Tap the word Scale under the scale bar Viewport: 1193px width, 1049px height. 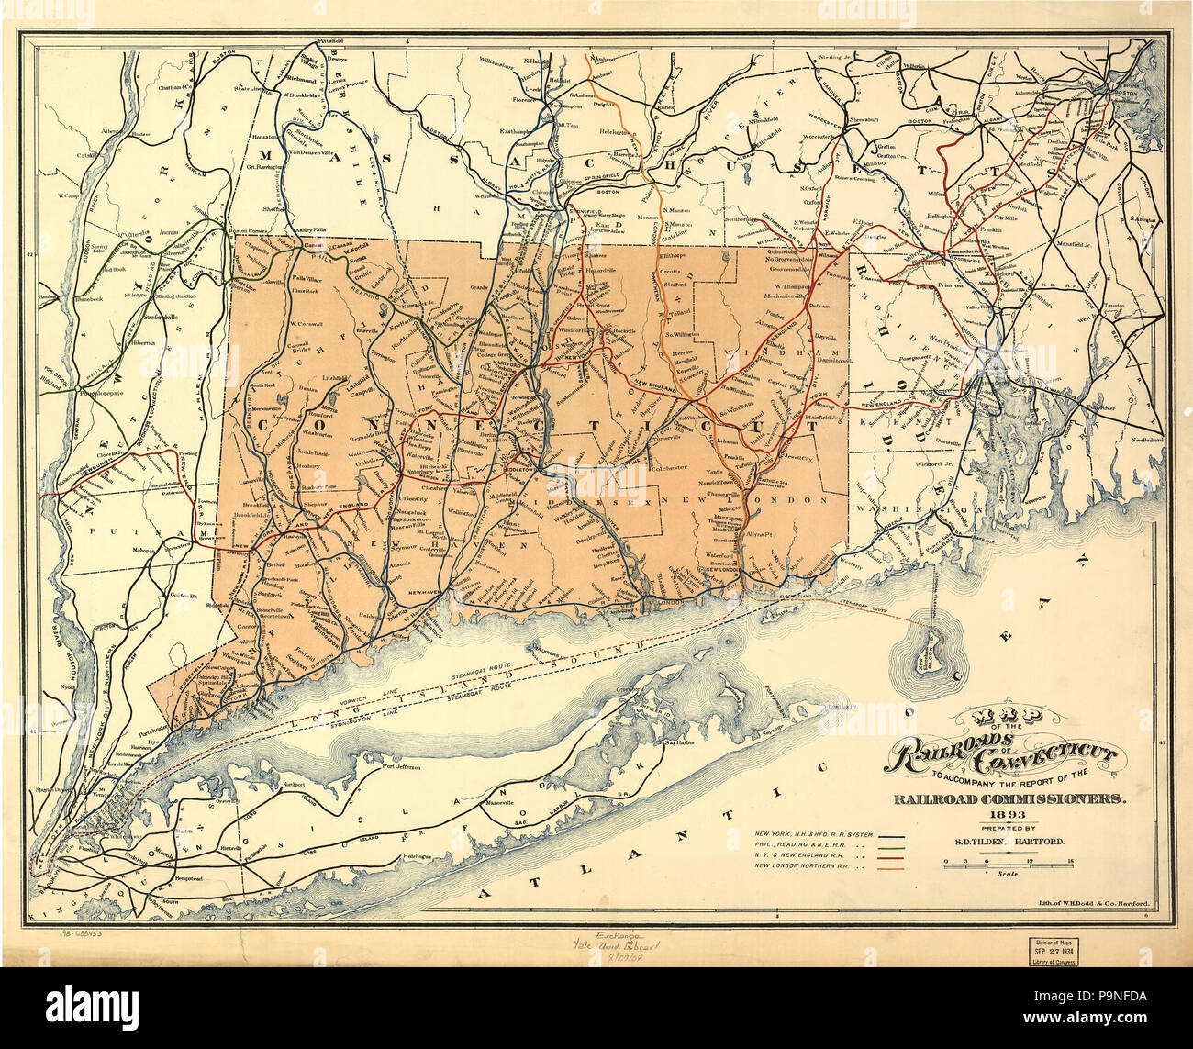(1008, 874)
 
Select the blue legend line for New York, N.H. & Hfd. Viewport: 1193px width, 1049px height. (893, 837)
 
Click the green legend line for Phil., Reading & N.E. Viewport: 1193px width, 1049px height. (893, 846)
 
